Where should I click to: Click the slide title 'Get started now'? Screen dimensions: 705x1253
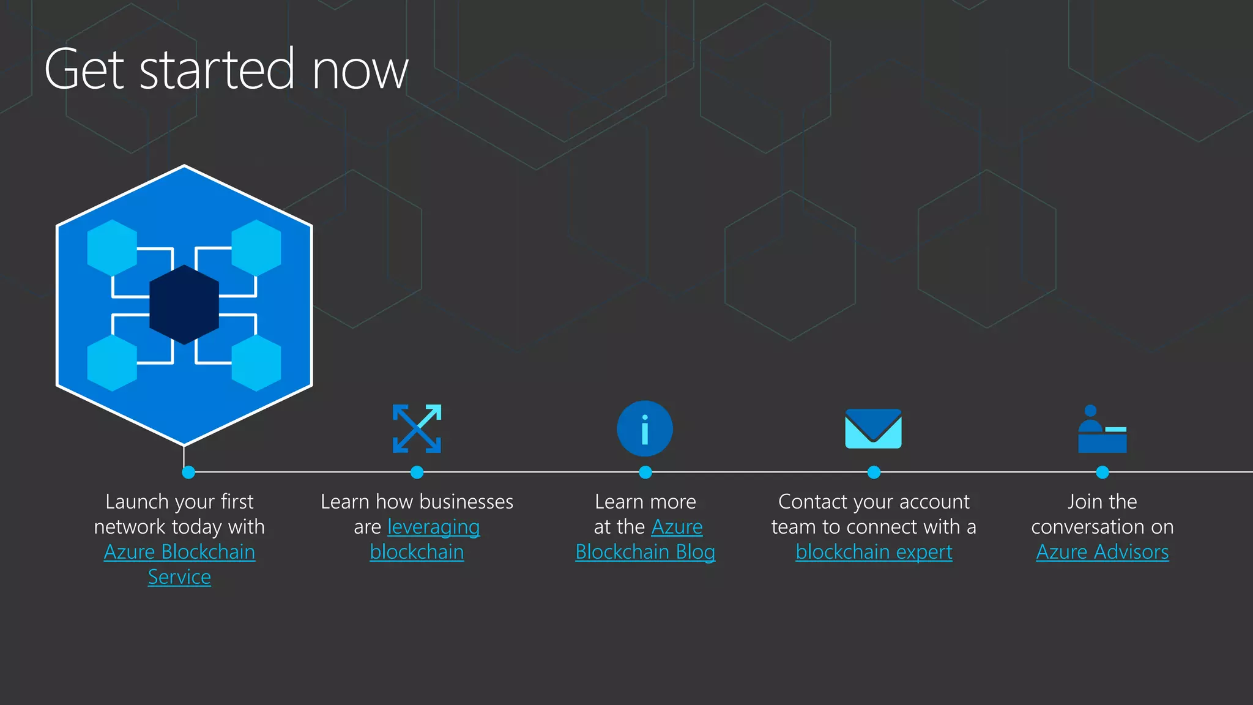click(x=226, y=69)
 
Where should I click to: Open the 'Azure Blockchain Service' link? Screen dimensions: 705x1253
click(x=179, y=552)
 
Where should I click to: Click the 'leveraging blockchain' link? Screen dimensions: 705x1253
click(x=433, y=527)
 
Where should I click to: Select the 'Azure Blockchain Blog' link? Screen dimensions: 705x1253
click(x=645, y=552)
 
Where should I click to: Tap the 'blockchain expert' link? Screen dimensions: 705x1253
click(x=874, y=552)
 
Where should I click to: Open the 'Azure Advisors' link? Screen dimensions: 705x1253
click(x=1102, y=552)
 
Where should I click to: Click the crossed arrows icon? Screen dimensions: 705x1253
click(x=417, y=428)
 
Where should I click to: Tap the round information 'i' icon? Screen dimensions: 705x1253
click(x=645, y=428)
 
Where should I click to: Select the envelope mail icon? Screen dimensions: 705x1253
click(x=873, y=428)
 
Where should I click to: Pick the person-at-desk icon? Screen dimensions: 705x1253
click(x=1102, y=430)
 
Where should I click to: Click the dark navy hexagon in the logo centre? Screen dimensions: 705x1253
click(x=184, y=305)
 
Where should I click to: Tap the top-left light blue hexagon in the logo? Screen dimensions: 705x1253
click(x=112, y=248)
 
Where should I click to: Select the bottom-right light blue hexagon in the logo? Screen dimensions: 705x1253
click(x=256, y=363)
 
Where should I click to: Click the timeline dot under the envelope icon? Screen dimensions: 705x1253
click(x=874, y=472)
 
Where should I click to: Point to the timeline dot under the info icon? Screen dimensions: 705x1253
click(x=645, y=472)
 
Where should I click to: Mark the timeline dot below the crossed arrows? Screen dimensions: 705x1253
click(x=417, y=472)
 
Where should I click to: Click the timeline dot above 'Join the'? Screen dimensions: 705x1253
click(x=1102, y=472)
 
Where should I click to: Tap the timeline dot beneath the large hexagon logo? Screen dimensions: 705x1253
click(x=188, y=472)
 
